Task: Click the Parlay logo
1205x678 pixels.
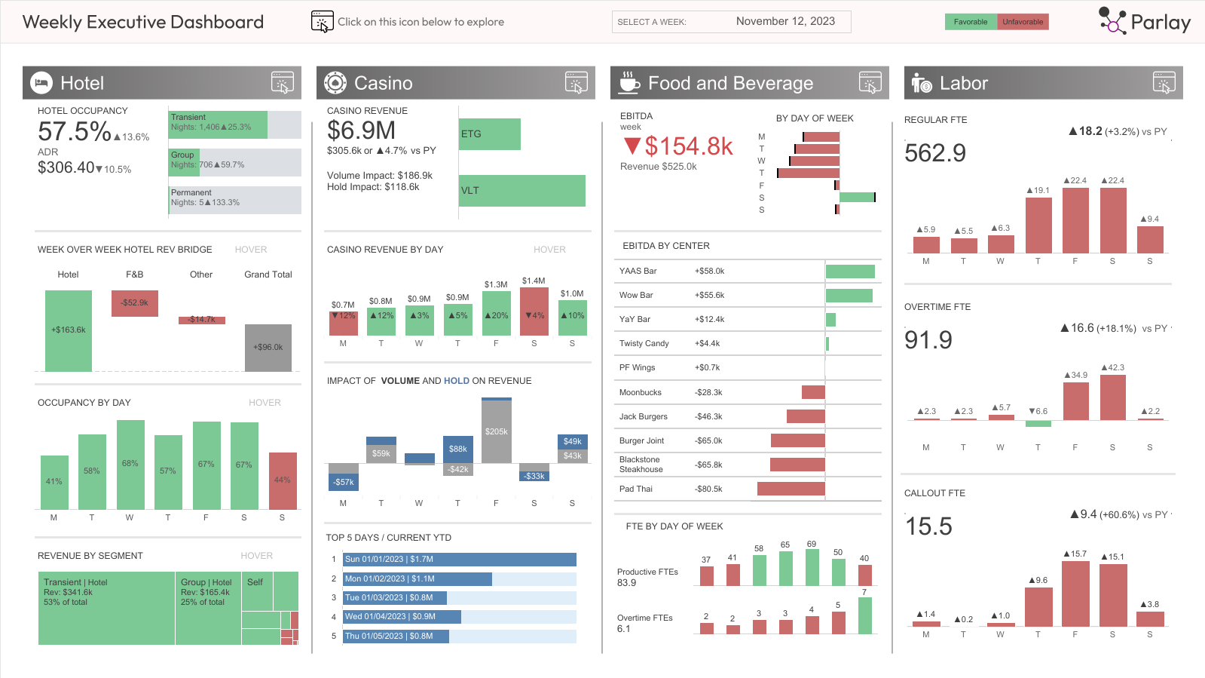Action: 1144,21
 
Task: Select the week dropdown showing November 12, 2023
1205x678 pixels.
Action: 731,22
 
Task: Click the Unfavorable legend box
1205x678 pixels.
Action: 1022,22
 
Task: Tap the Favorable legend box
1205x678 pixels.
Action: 970,22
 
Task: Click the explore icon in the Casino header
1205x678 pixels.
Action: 576,83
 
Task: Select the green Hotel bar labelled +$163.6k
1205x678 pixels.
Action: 69,330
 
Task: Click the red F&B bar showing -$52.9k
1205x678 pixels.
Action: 135,303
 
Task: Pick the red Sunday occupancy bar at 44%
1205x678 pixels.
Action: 283,480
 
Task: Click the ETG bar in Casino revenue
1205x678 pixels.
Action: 489,134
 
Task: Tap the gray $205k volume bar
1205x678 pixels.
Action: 496,431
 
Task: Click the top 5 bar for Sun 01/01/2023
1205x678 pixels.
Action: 459,560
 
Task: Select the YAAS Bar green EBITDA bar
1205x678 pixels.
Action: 850,272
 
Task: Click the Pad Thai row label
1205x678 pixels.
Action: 635,489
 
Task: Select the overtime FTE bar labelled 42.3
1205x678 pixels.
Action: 1112,397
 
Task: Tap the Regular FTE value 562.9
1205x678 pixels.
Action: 934,153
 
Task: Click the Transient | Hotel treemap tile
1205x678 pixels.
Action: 106,608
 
